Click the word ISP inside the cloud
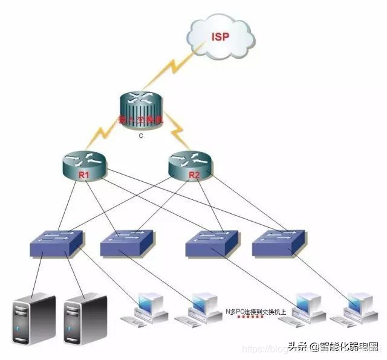[220, 37]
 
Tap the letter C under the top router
[140, 135]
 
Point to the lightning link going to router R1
[108, 137]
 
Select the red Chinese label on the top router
[140, 120]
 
